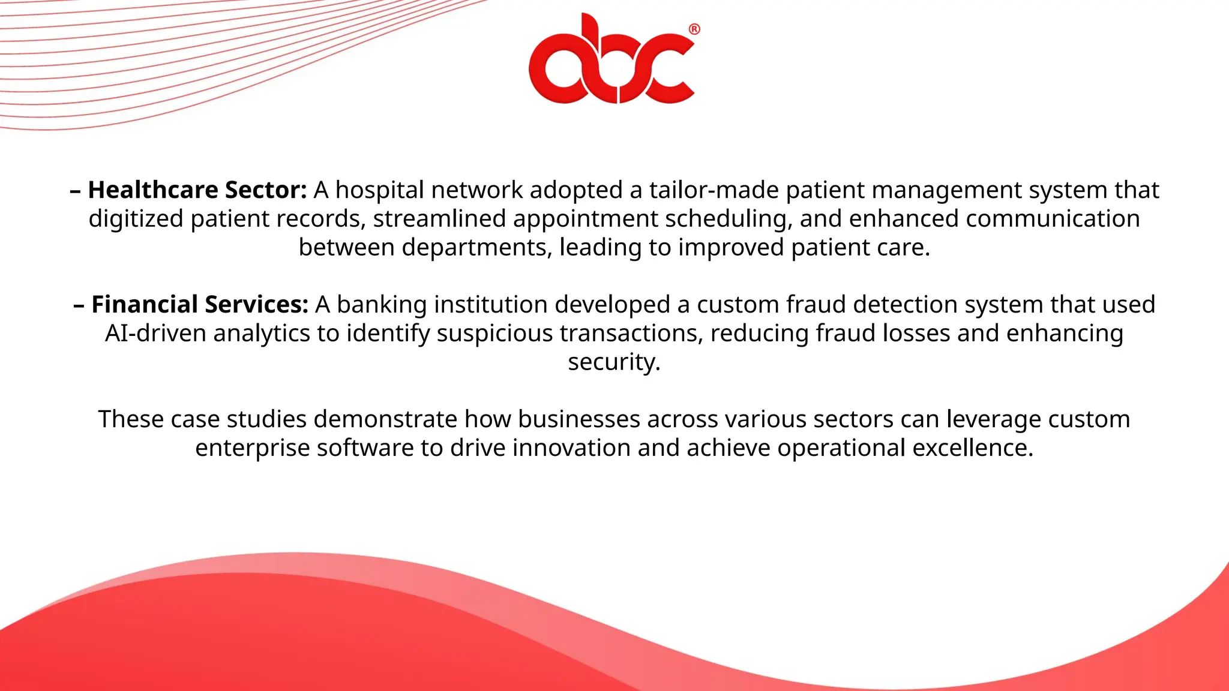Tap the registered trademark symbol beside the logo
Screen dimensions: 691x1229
pyautogui.click(x=694, y=29)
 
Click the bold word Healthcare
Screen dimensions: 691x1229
pyautogui.click(x=153, y=190)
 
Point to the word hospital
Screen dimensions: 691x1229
pyautogui.click(x=379, y=190)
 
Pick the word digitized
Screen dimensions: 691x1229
pyautogui.click(x=136, y=219)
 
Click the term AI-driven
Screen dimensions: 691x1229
pyautogui.click(x=155, y=334)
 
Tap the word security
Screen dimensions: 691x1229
pyautogui.click(x=614, y=362)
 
